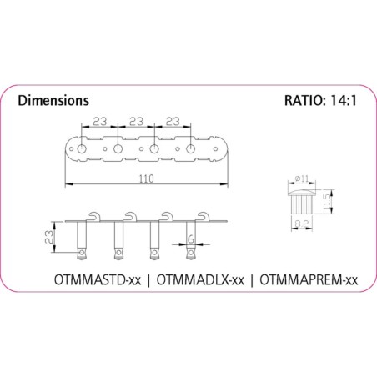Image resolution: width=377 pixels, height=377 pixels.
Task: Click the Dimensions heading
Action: tap(53, 101)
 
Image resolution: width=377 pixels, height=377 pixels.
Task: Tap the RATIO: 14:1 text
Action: tap(320, 100)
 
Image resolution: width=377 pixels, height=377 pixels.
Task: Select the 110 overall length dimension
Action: tap(147, 178)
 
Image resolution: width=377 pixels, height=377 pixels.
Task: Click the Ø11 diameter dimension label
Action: tap(302, 178)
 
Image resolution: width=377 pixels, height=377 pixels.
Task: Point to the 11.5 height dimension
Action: tap(326, 202)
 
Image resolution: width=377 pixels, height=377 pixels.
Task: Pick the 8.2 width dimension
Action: tap(301, 223)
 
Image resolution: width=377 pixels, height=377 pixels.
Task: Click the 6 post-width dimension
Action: tap(191, 239)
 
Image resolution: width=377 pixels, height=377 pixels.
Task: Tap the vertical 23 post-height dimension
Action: tap(49, 237)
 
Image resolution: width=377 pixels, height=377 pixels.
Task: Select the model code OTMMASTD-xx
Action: tap(98, 280)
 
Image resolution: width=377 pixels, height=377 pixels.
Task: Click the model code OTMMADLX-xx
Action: tap(200, 280)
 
